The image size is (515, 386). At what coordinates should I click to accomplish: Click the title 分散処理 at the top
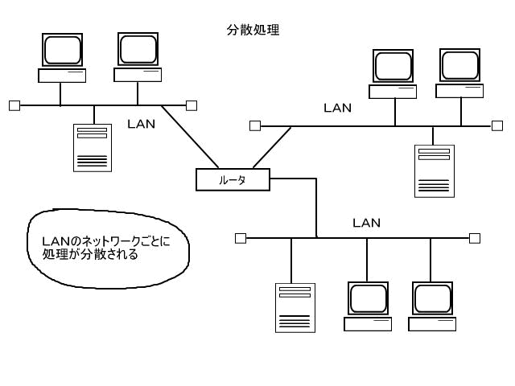(x=253, y=31)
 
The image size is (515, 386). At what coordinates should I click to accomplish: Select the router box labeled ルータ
(x=233, y=179)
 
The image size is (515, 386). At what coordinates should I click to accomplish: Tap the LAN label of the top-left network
(x=142, y=124)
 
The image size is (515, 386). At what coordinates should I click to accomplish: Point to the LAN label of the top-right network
(x=337, y=108)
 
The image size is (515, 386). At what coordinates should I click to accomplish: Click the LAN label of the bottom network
(x=366, y=223)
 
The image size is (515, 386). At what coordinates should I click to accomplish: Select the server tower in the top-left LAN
(x=93, y=147)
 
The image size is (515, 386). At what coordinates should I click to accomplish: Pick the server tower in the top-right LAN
(x=435, y=170)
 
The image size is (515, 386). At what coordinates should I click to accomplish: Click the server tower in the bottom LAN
(x=294, y=307)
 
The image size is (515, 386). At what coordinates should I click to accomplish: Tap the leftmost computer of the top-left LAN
(x=62, y=58)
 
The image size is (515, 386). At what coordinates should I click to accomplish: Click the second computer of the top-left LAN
(x=138, y=57)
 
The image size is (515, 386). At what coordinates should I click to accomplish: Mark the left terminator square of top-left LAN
(x=14, y=105)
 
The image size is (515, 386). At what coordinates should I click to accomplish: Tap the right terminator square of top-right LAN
(x=496, y=125)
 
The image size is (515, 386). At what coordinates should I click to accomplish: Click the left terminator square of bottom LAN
(x=240, y=238)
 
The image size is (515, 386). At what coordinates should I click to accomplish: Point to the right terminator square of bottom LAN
(x=475, y=238)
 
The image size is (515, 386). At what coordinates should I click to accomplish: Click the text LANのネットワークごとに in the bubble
(x=105, y=241)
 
